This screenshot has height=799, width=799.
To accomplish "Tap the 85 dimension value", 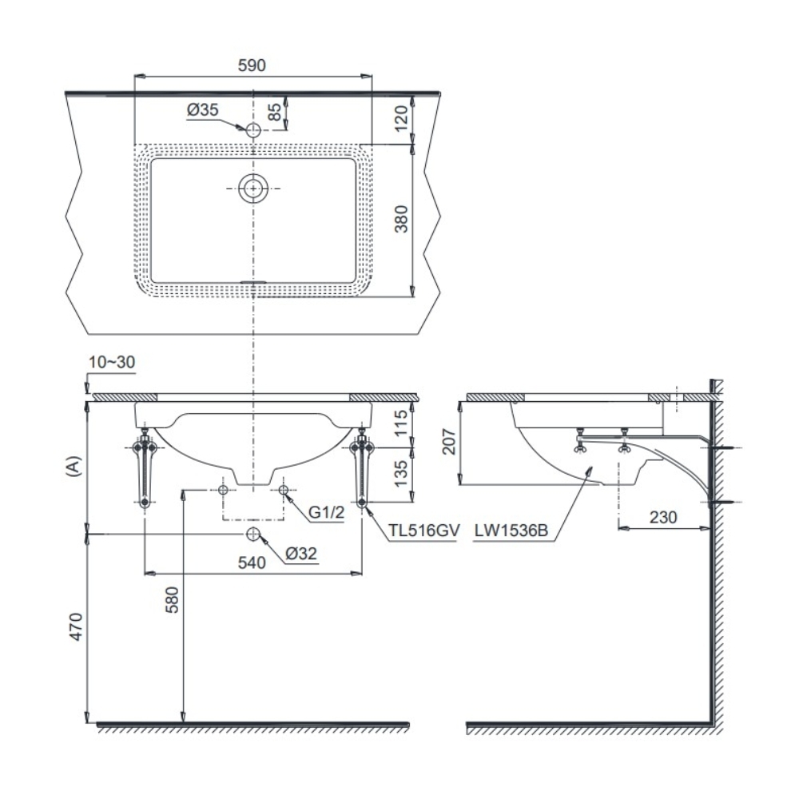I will (275, 113).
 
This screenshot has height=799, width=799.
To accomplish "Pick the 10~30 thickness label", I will (112, 362).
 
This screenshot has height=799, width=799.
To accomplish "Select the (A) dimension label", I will (73, 467).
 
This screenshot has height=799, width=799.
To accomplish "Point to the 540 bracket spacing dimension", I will (251, 562).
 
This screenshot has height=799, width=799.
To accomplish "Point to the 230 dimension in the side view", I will (663, 516).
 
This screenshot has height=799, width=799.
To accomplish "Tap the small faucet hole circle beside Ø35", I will (253, 130).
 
